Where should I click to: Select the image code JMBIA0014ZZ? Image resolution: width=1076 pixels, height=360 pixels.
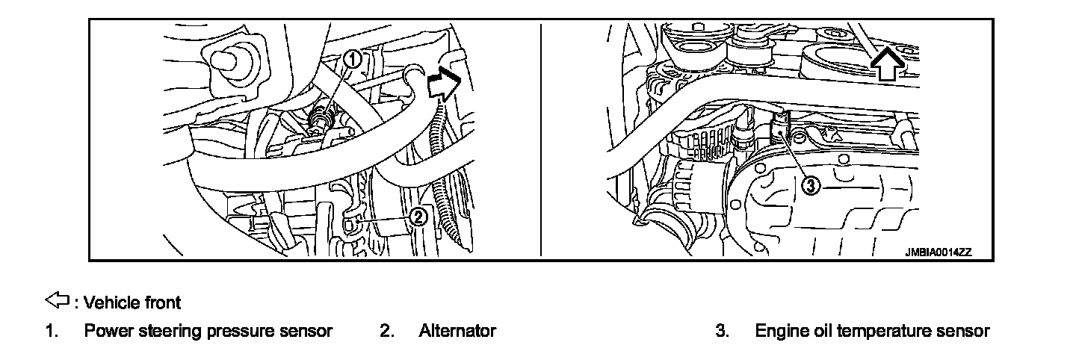click(938, 252)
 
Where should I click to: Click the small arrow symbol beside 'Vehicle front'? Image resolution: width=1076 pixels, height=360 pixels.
click(58, 301)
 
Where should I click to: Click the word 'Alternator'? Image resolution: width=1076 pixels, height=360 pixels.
click(457, 331)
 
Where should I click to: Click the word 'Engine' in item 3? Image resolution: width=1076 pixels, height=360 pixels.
click(780, 331)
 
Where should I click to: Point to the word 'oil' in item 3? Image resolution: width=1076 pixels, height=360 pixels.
click(820, 331)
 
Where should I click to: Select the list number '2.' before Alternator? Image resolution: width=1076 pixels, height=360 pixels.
click(386, 331)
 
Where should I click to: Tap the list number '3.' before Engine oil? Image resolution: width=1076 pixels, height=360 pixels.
click(722, 331)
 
